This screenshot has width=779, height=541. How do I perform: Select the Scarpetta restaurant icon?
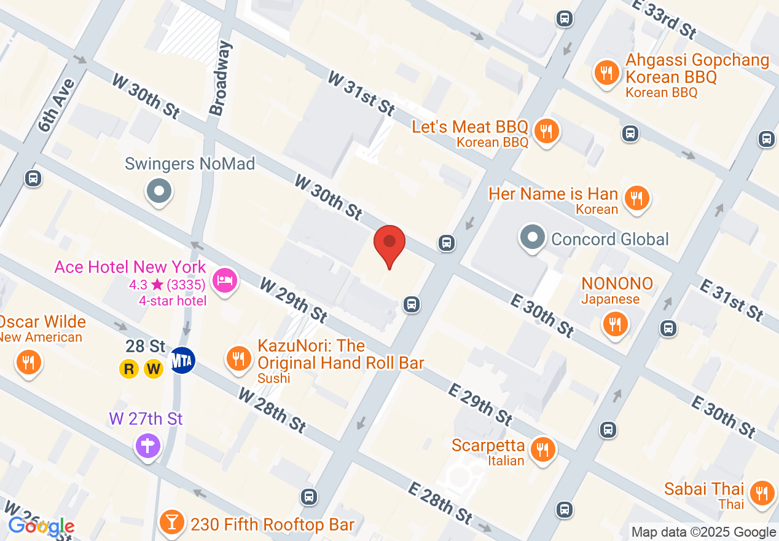pos(542,449)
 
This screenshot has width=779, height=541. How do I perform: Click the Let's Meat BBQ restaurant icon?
pos(545,131)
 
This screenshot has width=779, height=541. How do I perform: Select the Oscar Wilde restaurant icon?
pos(28,362)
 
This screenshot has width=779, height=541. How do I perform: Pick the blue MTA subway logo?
pos(182,360)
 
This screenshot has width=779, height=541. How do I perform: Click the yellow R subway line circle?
pos(129,369)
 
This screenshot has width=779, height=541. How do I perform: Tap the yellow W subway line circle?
pos(154,369)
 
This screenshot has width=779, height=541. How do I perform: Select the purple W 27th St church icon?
pos(147,444)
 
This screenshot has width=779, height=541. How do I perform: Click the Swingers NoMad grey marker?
pos(159,191)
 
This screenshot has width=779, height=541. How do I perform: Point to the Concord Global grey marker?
pos(533,238)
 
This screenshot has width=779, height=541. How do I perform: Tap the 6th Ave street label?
pos(57,105)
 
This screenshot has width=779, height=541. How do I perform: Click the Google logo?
pos(41,527)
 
